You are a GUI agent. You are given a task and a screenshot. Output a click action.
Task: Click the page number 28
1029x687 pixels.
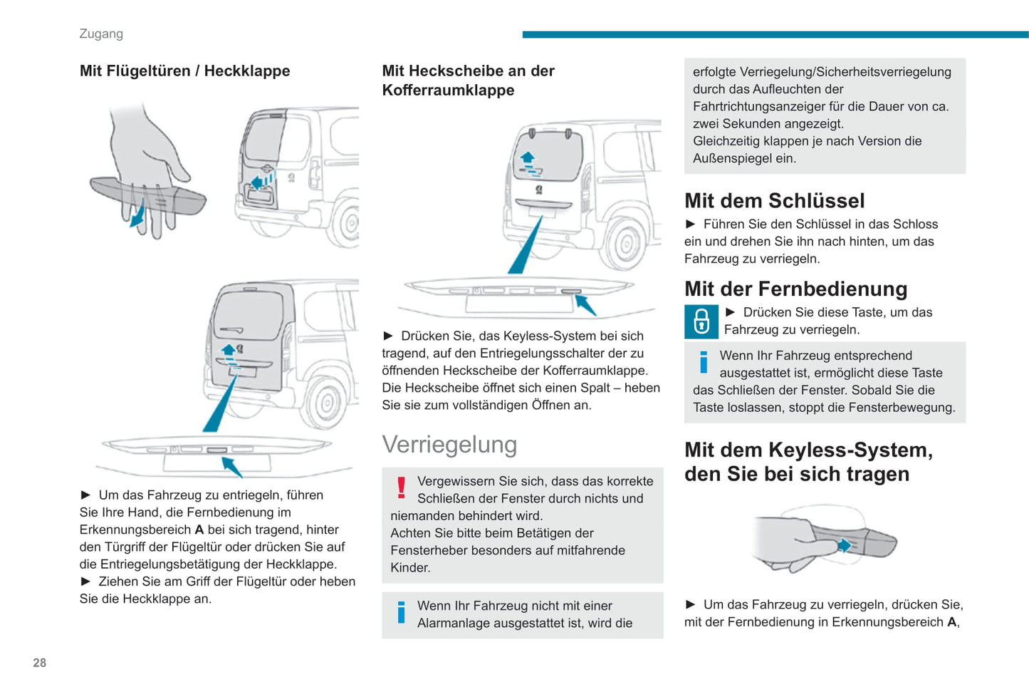tap(39, 663)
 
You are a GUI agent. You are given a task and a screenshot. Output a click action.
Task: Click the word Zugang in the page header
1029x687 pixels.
tap(101, 33)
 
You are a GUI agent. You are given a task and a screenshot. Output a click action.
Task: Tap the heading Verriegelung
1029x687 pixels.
tap(449, 445)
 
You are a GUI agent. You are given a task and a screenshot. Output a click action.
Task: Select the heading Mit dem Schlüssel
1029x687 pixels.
tap(774, 201)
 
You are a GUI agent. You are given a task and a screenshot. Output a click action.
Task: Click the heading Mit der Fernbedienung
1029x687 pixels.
tap(795, 289)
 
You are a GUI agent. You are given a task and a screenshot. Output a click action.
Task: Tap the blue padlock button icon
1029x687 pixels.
tap(701, 321)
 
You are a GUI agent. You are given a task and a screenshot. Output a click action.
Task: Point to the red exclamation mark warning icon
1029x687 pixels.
tap(401, 487)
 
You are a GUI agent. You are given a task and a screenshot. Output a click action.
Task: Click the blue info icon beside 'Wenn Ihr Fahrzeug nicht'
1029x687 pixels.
tap(401, 613)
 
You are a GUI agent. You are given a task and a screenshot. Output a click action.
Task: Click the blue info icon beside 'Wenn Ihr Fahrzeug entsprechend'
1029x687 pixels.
tap(704, 362)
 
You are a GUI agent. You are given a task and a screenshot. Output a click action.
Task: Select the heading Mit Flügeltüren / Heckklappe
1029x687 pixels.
tap(184, 71)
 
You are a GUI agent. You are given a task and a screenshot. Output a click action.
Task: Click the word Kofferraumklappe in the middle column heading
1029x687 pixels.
tap(448, 90)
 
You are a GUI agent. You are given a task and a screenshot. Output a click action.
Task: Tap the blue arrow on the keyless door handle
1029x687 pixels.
tap(845, 546)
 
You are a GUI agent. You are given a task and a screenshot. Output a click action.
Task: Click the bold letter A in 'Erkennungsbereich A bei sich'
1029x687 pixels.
tap(199, 530)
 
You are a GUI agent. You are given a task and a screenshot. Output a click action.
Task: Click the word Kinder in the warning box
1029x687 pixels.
tap(410, 568)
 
